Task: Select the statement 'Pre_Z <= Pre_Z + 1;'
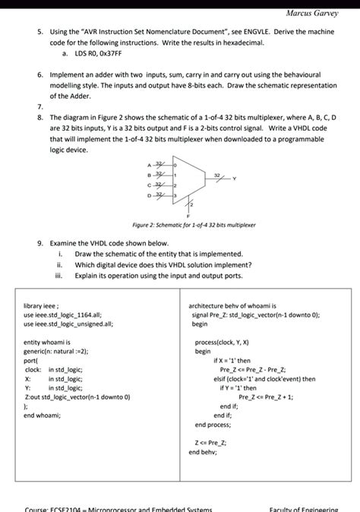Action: coord(266,397)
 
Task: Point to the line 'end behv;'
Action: coord(204,451)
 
